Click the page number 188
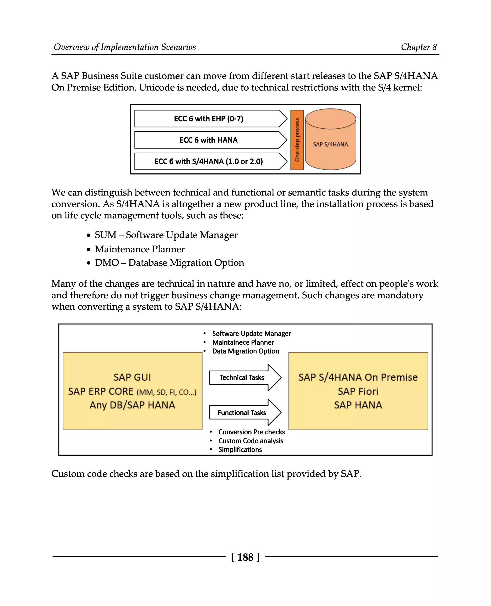click(x=245, y=557)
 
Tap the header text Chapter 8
click(x=419, y=47)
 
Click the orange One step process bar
click(x=297, y=140)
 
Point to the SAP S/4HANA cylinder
click(x=330, y=144)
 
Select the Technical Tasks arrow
click(x=242, y=378)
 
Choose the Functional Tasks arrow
click(x=242, y=413)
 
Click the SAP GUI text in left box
click(x=132, y=377)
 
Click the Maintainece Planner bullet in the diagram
click(x=243, y=342)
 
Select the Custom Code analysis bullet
click(x=251, y=441)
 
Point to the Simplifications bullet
click(x=240, y=450)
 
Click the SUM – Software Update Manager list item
click(x=166, y=235)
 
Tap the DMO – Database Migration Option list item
click(x=169, y=263)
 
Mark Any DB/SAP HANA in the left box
click(x=132, y=405)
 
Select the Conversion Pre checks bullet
click(x=251, y=432)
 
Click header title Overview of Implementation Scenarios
click(x=125, y=47)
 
